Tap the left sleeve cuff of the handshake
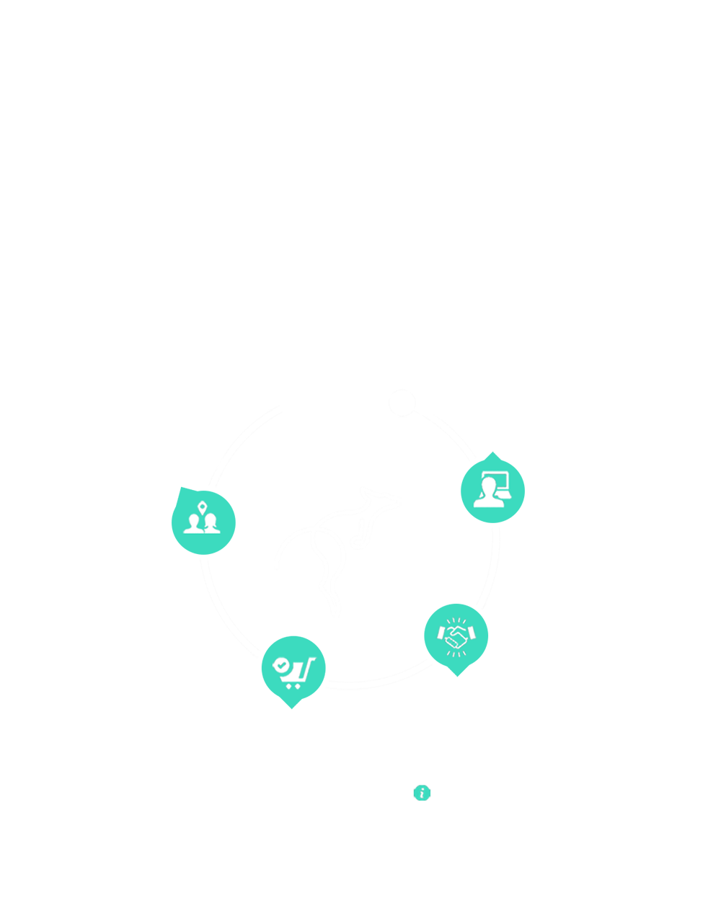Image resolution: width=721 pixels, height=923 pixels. point(440,633)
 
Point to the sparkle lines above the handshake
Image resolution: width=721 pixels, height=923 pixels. point(455,620)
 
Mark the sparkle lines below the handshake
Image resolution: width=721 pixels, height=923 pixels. point(456,653)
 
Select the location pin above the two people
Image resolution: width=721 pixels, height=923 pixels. point(203,506)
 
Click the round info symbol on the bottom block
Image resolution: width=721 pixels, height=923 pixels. point(423,793)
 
